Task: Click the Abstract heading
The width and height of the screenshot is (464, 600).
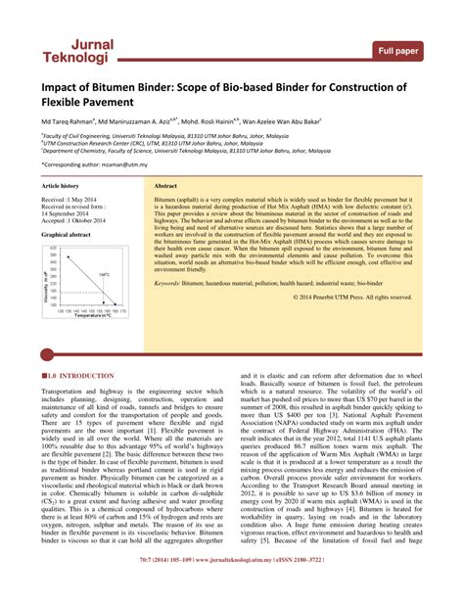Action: pos(165,185)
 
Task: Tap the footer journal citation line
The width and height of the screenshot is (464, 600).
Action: pos(232,591)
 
